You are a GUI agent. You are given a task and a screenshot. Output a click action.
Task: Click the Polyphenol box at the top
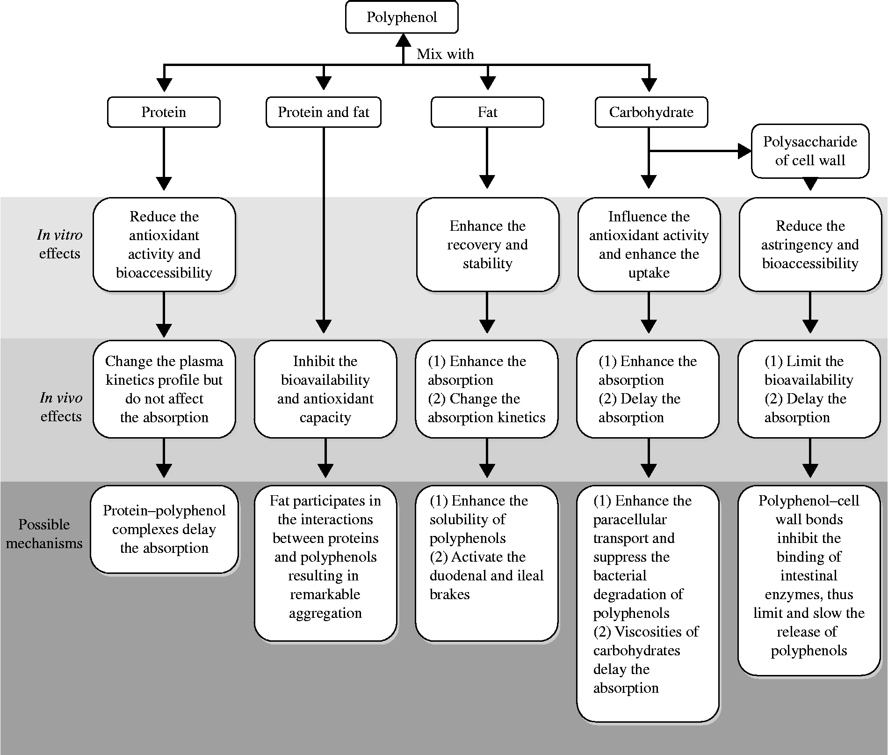402,17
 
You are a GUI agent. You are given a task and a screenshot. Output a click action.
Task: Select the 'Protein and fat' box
324,112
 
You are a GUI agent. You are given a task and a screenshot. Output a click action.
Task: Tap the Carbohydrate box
651,112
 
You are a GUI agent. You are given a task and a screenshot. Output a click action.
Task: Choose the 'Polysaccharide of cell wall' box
810,151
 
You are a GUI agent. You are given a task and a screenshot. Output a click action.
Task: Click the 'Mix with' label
445,54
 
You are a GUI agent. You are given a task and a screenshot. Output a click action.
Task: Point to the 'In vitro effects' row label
59,244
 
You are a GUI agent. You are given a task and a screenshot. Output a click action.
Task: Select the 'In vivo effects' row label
61,407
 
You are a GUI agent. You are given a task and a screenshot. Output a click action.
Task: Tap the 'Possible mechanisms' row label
44,534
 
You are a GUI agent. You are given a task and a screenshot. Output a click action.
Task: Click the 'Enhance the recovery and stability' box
487,244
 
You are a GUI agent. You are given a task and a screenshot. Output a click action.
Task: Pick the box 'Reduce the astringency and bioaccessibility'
810,244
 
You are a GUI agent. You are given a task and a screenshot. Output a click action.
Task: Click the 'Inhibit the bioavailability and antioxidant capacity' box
325,389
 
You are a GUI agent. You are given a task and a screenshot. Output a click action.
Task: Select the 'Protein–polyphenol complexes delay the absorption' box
164,529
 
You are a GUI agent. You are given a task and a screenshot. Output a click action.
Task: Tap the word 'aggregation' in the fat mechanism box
325,613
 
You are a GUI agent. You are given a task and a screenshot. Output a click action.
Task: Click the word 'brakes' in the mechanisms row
449,594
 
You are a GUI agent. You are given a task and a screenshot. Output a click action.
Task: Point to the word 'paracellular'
630,520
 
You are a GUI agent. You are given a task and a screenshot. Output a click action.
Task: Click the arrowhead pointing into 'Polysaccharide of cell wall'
745,151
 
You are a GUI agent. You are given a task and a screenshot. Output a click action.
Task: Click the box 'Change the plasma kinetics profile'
164,389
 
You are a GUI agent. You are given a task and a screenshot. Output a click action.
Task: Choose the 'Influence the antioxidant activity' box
649,244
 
